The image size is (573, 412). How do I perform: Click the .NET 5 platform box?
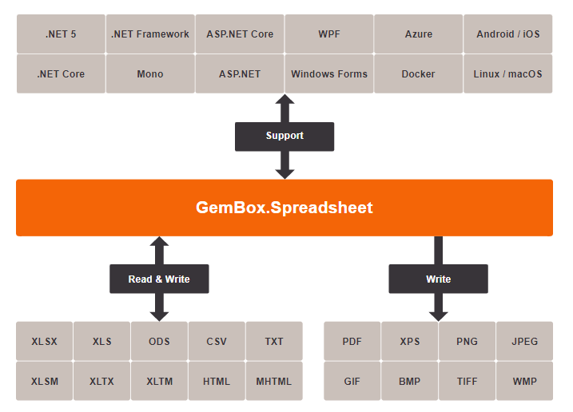coord(61,34)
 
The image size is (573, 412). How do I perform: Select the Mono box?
coord(150,74)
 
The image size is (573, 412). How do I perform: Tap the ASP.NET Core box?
coord(240,34)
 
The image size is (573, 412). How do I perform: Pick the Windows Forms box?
coord(329,74)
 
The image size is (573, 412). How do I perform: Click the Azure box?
coord(419,34)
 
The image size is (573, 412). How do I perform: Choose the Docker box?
coord(419,74)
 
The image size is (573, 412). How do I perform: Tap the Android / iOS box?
coord(507,34)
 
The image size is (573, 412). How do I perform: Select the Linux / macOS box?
coord(507,74)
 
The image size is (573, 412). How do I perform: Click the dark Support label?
coord(285,136)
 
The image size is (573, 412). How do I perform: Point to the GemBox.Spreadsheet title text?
coord(285,208)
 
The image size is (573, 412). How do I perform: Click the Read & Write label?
coord(159,279)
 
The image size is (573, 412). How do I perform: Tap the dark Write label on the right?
coord(438,279)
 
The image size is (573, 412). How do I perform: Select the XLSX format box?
coord(45,342)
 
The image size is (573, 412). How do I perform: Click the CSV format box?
coord(217,342)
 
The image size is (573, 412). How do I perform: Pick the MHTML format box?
coord(274,382)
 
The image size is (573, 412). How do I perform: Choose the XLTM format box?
coord(160,382)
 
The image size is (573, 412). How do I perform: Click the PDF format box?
coord(352,342)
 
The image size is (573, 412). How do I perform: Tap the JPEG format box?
coord(525,342)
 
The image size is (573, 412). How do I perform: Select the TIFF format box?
coord(468,382)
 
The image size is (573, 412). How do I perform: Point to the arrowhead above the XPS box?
coord(438,314)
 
